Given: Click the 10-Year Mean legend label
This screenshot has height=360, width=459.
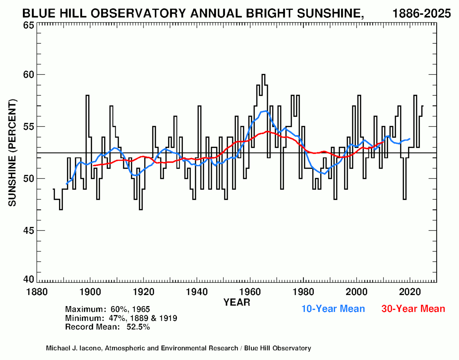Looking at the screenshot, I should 333,309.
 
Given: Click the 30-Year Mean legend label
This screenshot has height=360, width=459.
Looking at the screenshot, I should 413,309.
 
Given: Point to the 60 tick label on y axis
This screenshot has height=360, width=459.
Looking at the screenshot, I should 29,75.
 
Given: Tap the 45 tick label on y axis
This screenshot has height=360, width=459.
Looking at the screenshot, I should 29,230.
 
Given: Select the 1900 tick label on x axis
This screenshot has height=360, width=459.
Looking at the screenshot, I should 90,292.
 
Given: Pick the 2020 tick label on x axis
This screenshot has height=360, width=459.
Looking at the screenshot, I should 410,292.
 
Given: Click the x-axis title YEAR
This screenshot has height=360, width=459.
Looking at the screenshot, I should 237,302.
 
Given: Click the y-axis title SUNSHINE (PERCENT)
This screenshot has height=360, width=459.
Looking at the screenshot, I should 12,153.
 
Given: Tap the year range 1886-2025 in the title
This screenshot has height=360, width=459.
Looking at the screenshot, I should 421,13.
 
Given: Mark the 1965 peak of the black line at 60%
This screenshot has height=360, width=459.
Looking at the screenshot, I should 263,75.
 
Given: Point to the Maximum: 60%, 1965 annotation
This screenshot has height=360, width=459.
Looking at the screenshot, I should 107,309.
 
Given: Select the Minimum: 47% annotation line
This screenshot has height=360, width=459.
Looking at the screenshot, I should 121,318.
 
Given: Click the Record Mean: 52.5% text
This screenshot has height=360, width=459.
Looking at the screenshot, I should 107,327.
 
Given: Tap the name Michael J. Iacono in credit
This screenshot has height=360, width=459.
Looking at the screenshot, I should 74,348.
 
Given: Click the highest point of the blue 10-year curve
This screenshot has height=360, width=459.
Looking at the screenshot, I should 266,111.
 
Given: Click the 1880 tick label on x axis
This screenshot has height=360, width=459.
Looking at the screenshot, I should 37,292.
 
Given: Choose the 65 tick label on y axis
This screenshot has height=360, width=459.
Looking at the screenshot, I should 29,25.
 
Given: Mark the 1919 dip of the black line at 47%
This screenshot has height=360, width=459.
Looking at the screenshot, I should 141,209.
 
